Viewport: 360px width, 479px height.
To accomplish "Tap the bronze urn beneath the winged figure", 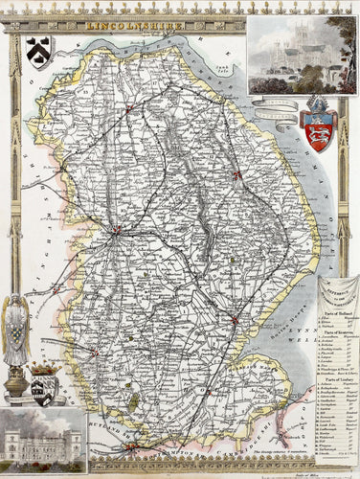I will (x=16, y=383).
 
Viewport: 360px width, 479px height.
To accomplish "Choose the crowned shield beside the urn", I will (x=43, y=384).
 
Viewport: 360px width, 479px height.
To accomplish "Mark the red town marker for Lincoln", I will (x=116, y=229).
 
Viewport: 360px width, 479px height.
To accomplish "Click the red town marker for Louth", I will (x=236, y=174).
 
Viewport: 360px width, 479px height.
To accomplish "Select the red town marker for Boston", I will (x=234, y=319).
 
